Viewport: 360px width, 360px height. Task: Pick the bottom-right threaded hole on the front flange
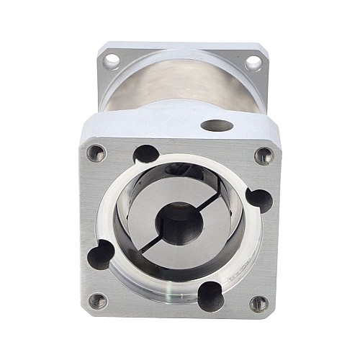(259, 303)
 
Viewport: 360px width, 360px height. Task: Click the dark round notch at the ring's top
(146, 153)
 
